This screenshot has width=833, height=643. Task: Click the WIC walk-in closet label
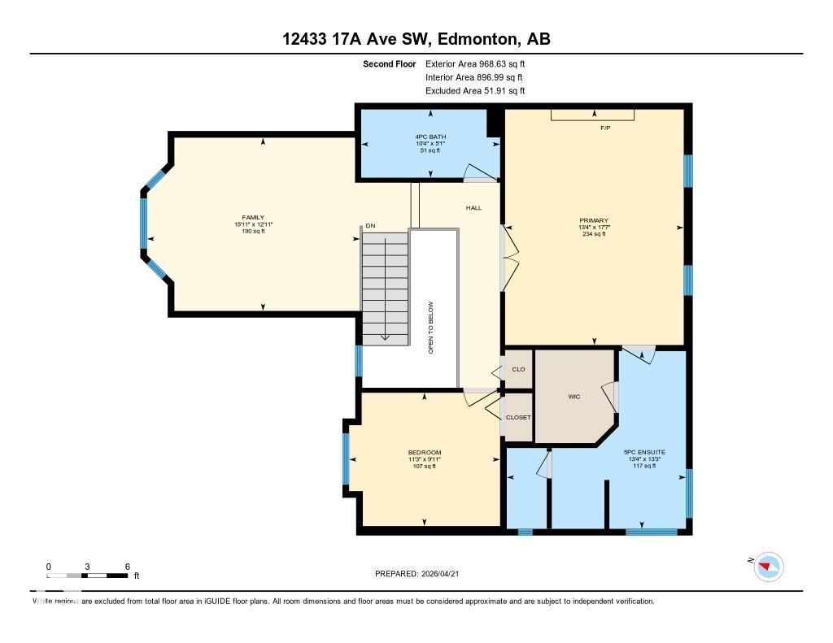[573, 397]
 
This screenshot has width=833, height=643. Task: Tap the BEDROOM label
[425, 453]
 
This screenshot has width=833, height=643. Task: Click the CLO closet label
[518, 369]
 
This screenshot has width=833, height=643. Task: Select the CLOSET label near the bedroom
[518, 417]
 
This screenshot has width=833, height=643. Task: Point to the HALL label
[473, 208]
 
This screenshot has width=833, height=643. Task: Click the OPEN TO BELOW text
[431, 328]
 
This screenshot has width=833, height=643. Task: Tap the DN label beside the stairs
[370, 225]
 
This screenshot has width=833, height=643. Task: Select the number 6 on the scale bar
[127, 566]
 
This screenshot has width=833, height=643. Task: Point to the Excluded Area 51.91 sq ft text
[475, 91]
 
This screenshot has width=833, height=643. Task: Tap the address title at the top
[416, 39]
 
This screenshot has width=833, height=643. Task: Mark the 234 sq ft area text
[594, 234]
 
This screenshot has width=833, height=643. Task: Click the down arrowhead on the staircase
[386, 336]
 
